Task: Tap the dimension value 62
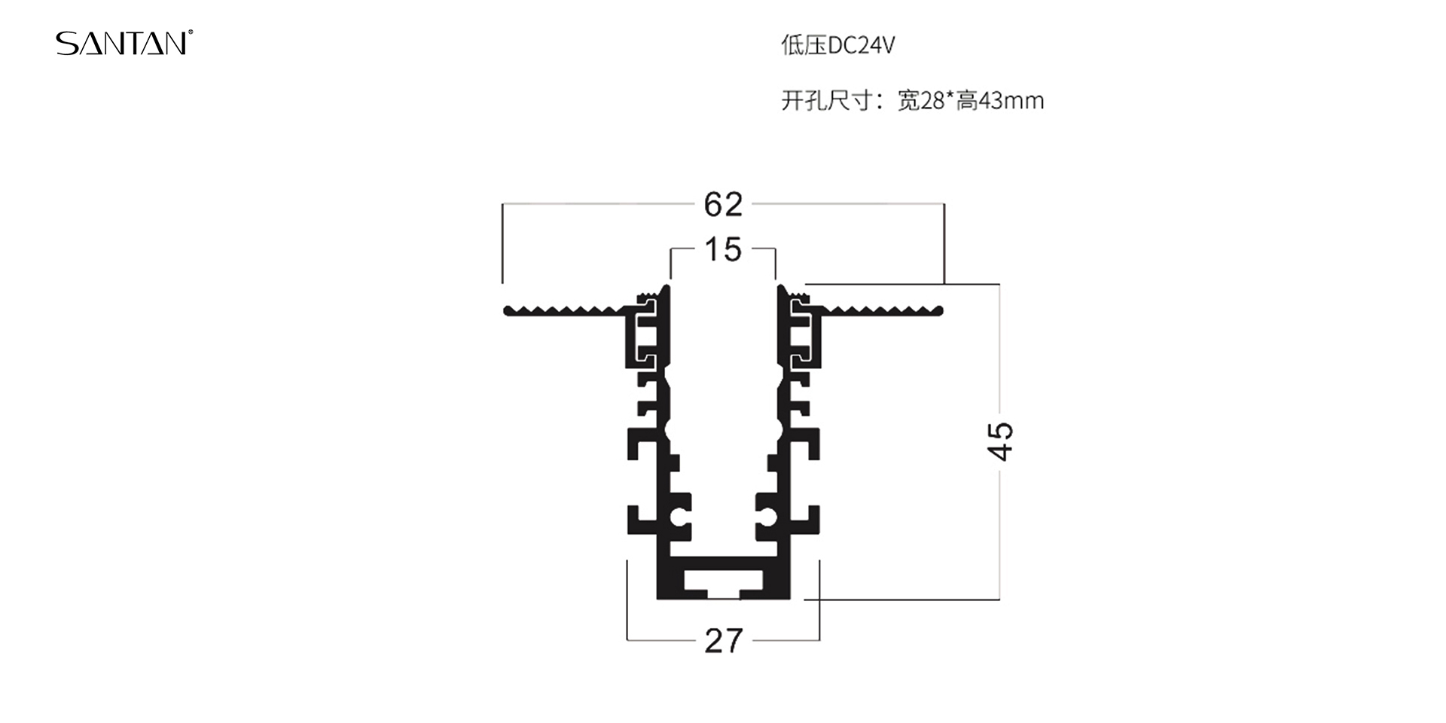[723, 205]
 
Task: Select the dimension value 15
[723, 250]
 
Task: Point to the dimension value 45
[1001, 441]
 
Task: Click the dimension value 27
[724, 641]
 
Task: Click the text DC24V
[861, 46]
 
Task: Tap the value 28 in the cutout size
[932, 100]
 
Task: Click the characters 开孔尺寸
[826, 100]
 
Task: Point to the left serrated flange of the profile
[565, 311]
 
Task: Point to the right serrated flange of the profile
[881, 311]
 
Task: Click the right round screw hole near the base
[767, 518]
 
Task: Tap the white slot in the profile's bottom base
[723, 582]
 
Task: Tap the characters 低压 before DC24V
[804, 46]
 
